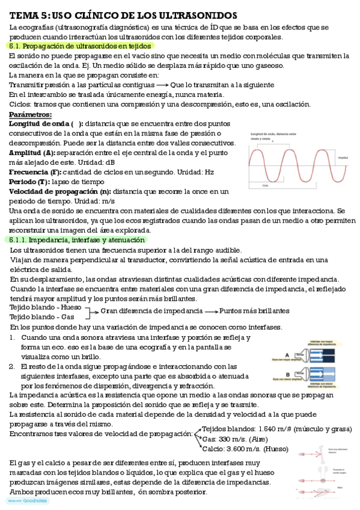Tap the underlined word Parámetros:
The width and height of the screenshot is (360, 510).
click(31, 114)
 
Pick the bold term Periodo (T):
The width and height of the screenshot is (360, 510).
click(29, 181)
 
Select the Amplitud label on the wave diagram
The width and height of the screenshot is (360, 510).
click(343, 158)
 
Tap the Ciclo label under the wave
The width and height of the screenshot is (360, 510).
click(265, 186)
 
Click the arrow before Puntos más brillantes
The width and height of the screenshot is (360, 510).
click(211, 311)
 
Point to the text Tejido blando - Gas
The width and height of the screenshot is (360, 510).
click(42, 316)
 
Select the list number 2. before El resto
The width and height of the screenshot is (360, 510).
click(13, 366)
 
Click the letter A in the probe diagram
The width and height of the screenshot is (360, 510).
click(287, 354)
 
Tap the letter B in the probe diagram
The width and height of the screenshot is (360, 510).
click(287, 372)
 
